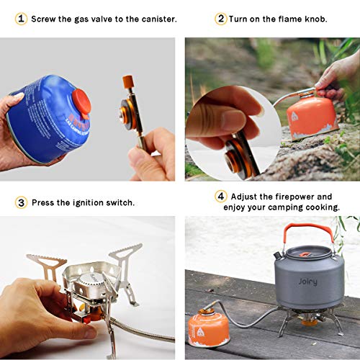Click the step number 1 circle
point(21,19)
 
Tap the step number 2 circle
point(221,19)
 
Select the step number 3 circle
point(21,202)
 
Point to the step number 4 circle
point(221,197)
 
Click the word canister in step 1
point(159,19)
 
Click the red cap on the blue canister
point(82,103)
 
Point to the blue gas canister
point(49,119)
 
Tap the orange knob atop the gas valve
point(128,82)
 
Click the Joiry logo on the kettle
point(307,282)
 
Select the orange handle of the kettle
point(307,228)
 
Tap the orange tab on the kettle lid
point(305,254)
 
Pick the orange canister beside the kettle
point(209,328)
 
